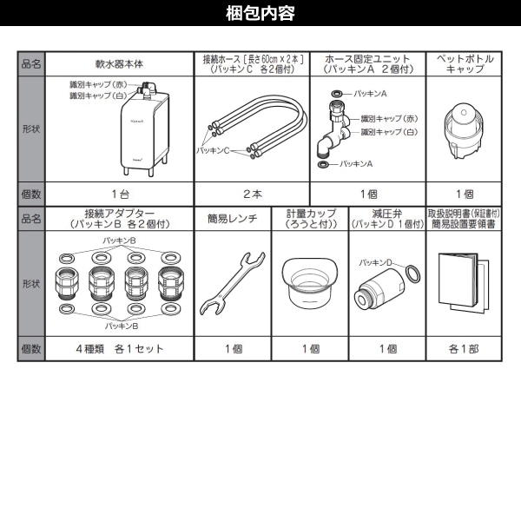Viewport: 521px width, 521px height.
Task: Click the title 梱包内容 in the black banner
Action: tap(260, 13)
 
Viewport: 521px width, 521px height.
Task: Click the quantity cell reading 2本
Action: tap(251, 194)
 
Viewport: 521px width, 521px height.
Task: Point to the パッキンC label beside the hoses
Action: tap(219, 150)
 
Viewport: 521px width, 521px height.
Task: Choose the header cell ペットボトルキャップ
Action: tap(465, 64)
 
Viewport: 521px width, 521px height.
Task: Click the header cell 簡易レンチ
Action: tap(232, 219)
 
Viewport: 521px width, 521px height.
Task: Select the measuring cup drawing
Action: tap(311, 281)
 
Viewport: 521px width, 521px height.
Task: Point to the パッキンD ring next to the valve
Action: tap(416, 274)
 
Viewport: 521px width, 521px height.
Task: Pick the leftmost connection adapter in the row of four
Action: tap(68, 283)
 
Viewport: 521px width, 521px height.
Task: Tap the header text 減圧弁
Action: tap(387, 213)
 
